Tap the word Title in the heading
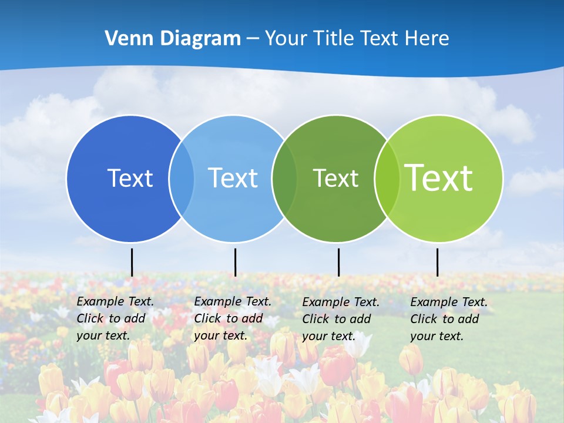click(334, 39)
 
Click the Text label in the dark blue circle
click(130, 178)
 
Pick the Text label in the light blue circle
click(233, 178)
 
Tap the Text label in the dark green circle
click(335, 178)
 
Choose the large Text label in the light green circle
click(438, 178)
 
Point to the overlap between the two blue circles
click(182, 178)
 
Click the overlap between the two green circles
click(387, 178)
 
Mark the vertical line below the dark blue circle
click(132, 262)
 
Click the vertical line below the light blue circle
click(235, 262)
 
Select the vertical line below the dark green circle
click(338, 262)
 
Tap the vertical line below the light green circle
click(437, 262)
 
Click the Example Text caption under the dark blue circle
click(115, 318)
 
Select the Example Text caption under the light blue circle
click(232, 318)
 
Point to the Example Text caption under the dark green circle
click(340, 319)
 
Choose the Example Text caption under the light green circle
click(448, 319)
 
